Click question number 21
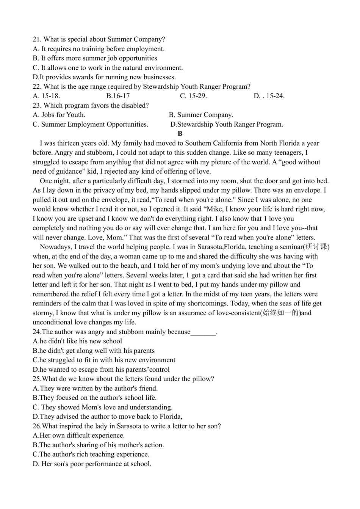tap(37, 39)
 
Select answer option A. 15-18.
tap(46, 96)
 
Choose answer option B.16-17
tap(118, 96)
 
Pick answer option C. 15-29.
tap(193, 96)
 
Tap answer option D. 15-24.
tap(269, 96)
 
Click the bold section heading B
tap(180, 133)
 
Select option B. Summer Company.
tap(201, 115)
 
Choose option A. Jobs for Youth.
tap(59, 115)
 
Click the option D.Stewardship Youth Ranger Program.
tap(227, 124)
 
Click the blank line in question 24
tap(203, 332)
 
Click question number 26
tap(37, 426)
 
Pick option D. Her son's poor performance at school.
tap(92, 464)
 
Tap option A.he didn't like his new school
tap(77, 341)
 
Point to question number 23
tap(37, 105)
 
